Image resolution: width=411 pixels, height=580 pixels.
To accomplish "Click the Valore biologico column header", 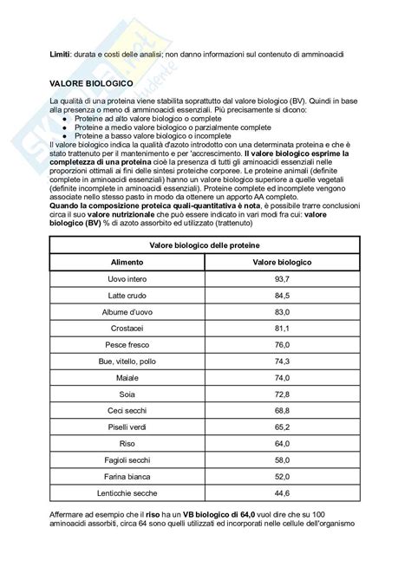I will pyautogui.click(x=281, y=261).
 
